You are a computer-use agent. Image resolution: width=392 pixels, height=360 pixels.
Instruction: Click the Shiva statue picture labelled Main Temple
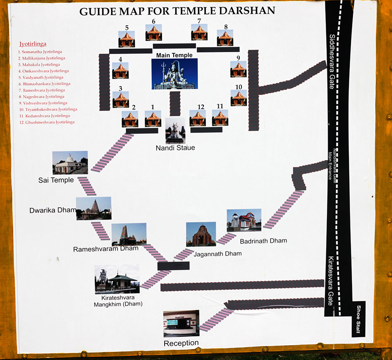coord(174,74)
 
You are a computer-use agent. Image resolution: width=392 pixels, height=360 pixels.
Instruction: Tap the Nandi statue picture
coord(175,130)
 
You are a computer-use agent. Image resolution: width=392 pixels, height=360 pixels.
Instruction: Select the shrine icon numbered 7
coord(199,32)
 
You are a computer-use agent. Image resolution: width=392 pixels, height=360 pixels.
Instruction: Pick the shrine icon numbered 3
coord(120,100)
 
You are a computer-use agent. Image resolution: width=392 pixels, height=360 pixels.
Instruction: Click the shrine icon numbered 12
coord(198,118)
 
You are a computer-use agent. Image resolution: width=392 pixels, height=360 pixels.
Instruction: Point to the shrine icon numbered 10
coord(238,98)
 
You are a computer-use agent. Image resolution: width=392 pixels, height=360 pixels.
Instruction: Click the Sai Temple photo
coord(70,162)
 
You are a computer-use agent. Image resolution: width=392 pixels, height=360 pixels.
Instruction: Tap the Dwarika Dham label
coord(53,210)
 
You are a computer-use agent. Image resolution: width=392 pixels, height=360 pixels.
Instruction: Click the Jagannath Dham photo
coord(201,234)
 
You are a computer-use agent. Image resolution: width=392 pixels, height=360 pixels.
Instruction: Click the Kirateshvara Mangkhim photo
coord(117,279)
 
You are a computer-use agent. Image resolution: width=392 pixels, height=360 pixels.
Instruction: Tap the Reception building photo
coord(181,323)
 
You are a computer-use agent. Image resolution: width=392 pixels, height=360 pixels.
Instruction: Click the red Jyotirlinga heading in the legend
coord(33,44)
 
